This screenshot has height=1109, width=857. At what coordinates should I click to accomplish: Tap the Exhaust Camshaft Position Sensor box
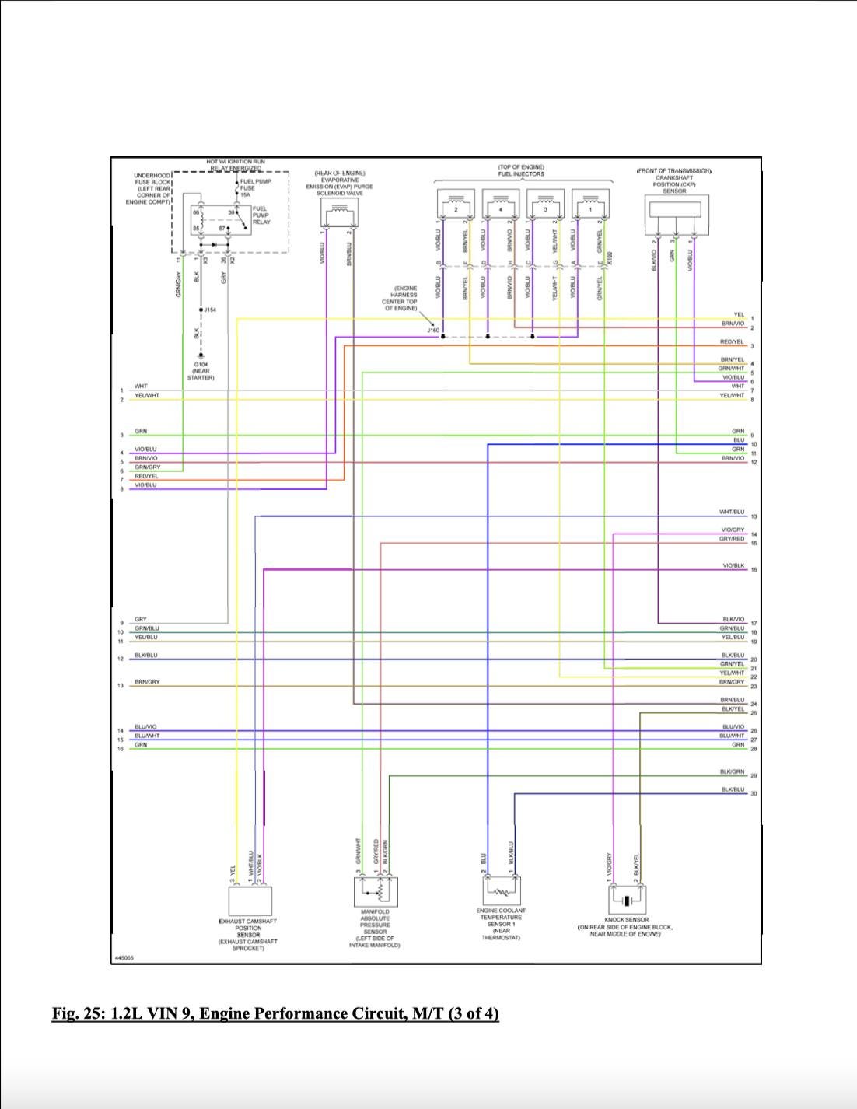249,901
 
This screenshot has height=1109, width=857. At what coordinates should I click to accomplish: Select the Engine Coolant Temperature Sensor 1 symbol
500,891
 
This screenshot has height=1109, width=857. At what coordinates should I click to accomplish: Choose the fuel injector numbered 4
500,207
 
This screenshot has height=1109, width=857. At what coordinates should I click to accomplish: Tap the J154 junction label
211,310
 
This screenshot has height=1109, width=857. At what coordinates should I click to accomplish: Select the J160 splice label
433,330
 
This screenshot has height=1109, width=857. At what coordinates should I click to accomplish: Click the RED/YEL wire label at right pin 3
732,342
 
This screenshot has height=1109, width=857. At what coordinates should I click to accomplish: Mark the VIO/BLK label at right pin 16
733,565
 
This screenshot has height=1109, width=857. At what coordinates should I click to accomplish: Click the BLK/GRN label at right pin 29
732,771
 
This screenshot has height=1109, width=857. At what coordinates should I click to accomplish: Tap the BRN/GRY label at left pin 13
147,682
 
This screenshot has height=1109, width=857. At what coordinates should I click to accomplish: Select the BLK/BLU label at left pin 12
145,655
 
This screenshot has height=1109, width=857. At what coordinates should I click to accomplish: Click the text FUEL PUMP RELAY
261,215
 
